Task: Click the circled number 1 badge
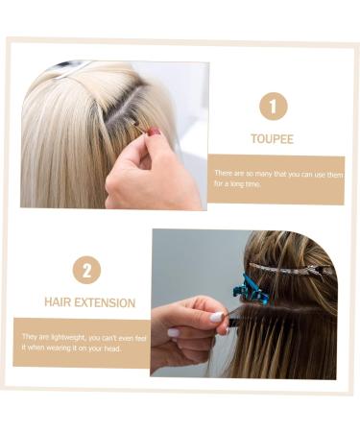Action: tap(272, 106)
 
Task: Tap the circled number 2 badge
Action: tap(86, 269)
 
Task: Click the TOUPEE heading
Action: tap(272, 139)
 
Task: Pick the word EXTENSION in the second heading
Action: tap(106, 302)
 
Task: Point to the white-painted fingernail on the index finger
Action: tap(217, 317)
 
